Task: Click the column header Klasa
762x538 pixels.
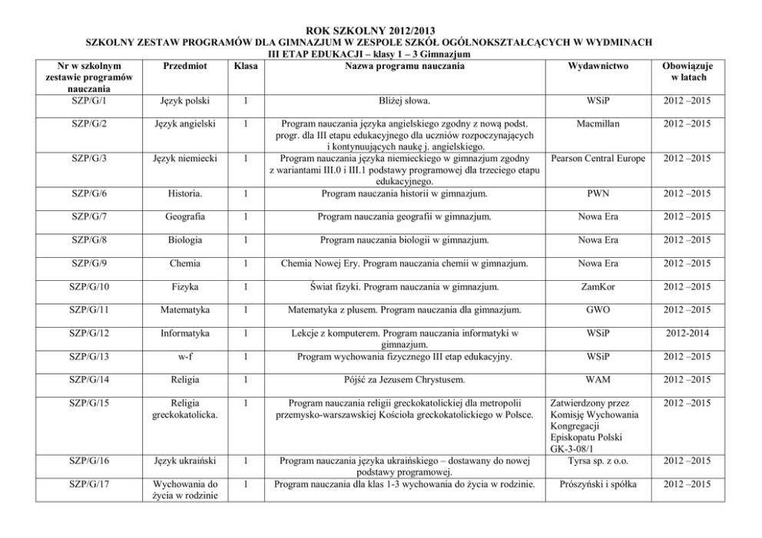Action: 245,67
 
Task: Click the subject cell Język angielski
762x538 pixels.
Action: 185,123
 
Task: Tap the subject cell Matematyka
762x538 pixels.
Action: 185,311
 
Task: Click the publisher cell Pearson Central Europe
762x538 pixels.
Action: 598,158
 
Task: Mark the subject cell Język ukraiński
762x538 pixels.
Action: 185,460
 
